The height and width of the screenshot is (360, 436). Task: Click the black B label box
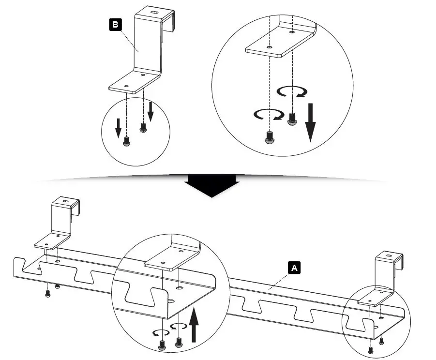point(115,25)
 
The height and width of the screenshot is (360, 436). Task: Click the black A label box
point(294,268)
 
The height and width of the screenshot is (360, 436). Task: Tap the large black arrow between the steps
point(212,186)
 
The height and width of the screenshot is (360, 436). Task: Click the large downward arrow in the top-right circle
point(311,122)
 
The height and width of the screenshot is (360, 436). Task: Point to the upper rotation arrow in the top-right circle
point(292,92)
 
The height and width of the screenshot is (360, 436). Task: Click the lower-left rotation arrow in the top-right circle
point(269,114)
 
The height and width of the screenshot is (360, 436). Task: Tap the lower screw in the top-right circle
point(270,137)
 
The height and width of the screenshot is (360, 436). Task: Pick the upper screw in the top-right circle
point(292,119)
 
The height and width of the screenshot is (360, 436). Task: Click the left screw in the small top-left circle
point(126,141)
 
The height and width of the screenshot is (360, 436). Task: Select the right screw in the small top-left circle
point(143,128)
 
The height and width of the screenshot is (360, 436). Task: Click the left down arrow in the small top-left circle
point(118,128)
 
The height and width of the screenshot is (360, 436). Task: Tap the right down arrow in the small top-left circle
point(150,112)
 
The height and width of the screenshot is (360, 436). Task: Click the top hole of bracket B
point(154,13)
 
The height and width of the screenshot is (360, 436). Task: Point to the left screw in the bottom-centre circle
point(162,345)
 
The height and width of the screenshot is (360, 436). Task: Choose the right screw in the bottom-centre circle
point(179,343)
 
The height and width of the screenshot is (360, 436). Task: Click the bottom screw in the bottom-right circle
point(370,351)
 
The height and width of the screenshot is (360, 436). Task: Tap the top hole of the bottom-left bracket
point(66,201)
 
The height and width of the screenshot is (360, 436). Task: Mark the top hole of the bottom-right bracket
point(389,255)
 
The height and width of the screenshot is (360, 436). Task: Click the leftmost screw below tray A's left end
point(47,294)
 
